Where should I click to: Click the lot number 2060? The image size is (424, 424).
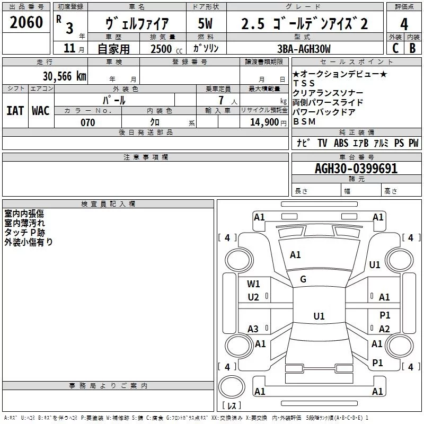coord(26,22)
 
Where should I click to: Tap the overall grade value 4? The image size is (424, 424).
coord(404,24)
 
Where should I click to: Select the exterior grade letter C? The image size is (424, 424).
coord(395,48)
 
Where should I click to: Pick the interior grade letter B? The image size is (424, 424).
coord(413,48)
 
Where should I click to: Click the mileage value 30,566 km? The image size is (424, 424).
coord(64,76)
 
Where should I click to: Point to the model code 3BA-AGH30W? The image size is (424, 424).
coord(304,49)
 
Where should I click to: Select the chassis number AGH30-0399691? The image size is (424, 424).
coord(356,169)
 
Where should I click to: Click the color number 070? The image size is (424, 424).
coord(88,122)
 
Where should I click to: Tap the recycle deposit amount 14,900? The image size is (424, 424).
coord(264,122)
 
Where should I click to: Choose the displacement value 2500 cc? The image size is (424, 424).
coord(166,49)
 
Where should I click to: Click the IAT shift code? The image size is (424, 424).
coord(15,111)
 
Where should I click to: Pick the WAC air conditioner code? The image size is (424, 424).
coord(41,111)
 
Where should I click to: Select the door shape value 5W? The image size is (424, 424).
coord(205,23)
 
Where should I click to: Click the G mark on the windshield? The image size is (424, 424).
coord(303,279)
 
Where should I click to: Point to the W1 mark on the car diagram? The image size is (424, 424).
coord(253,284)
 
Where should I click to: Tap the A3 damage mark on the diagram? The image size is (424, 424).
coord(253,329)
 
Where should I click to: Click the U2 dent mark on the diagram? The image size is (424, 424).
coord(253,297)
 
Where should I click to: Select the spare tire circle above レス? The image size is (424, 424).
coord(232,387)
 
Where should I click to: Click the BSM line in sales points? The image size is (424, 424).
coord(304,122)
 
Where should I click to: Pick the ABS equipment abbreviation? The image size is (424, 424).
coord(341,143)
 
